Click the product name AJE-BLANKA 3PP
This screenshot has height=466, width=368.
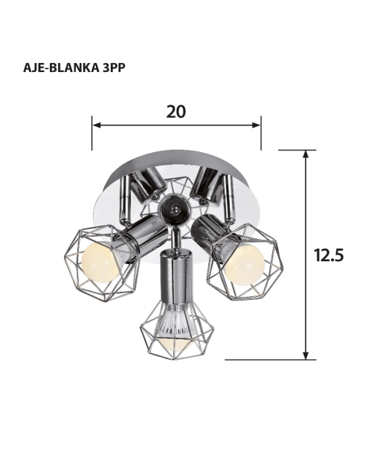[x=74, y=68]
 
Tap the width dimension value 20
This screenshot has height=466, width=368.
[x=176, y=112]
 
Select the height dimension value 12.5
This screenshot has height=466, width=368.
[x=329, y=255]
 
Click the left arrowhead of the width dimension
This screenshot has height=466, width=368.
[x=96, y=125]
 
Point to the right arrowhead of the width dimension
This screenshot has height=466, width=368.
[x=256, y=125]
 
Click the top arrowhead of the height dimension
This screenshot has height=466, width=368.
[x=306, y=154]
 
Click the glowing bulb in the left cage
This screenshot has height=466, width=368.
[x=100, y=261]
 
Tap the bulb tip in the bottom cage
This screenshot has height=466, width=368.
[x=175, y=346]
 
